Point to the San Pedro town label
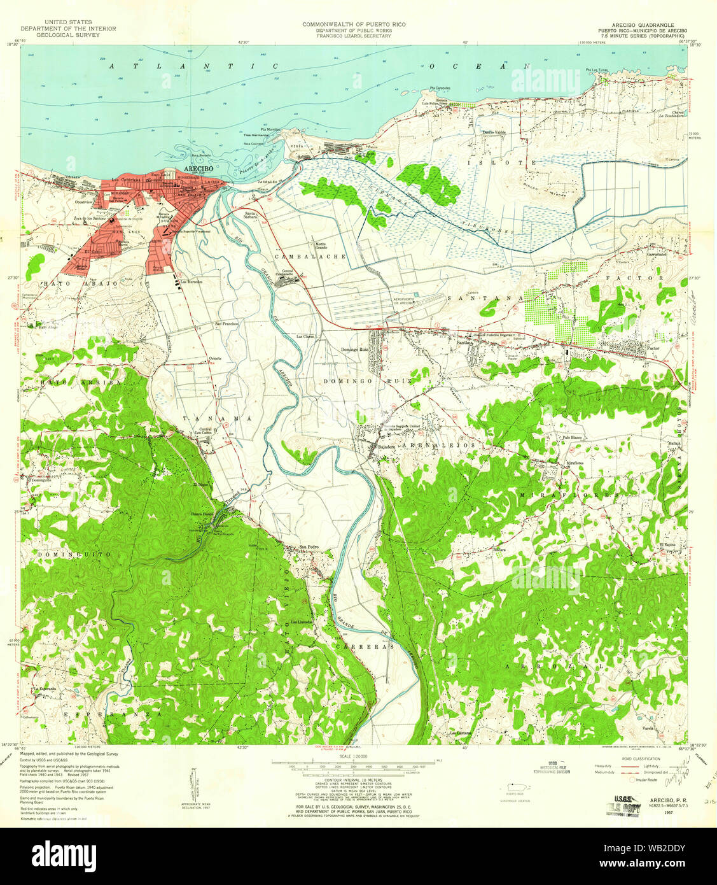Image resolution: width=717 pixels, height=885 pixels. click(309, 547)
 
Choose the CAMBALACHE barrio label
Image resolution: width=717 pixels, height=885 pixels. click(310, 256)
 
